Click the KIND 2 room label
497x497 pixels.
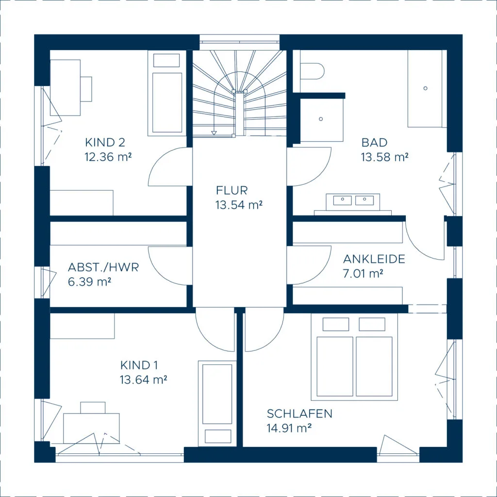(105, 142)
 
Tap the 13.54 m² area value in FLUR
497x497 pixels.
(239, 205)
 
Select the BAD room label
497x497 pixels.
(374, 142)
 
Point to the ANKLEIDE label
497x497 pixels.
(374, 259)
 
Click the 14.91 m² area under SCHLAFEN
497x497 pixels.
(289, 428)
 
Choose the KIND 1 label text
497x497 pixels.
(139, 365)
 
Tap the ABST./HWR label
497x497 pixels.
(103, 267)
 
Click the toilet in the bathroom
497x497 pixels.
(312, 71)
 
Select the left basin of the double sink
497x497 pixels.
(342, 200)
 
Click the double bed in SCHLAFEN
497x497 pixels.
(354, 357)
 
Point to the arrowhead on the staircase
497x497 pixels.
(214, 133)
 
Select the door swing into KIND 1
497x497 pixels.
(215, 330)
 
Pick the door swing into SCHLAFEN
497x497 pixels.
(265, 330)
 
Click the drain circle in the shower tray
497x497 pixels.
(321, 119)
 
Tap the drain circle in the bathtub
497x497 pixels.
(425, 88)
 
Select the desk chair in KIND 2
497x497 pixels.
(86, 89)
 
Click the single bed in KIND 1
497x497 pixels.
(217, 403)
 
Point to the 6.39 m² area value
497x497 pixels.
(89, 282)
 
